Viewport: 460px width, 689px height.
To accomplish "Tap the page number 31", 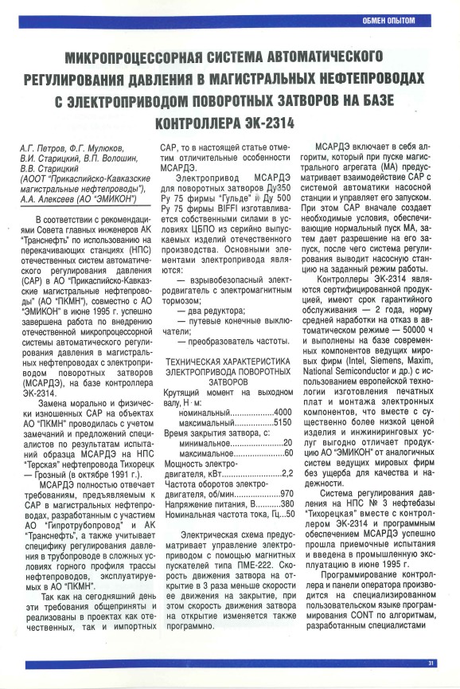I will (x=431, y=663).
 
